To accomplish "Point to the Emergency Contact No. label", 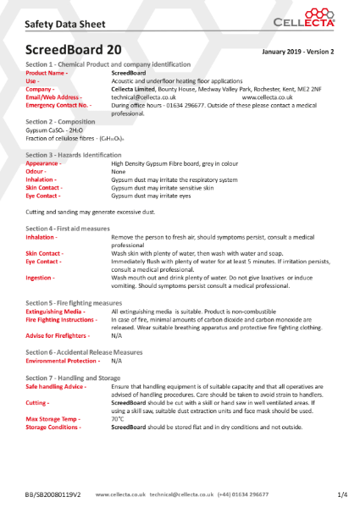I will point(58,104).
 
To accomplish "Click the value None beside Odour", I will point(119,171).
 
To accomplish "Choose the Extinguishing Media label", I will point(56,312).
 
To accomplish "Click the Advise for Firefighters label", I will point(57,335).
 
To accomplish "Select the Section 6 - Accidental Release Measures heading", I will point(84,351).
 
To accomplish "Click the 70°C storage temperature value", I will point(118,418).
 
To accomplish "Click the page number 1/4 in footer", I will point(342,494).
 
